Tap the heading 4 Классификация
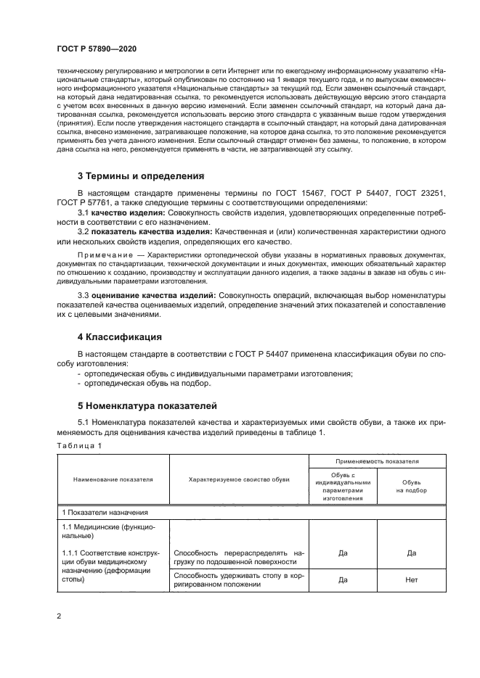[119, 337]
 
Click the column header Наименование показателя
[113, 479]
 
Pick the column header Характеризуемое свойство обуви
[239, 479]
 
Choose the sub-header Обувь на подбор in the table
[411, 486]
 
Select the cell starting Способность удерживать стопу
[239, 580]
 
